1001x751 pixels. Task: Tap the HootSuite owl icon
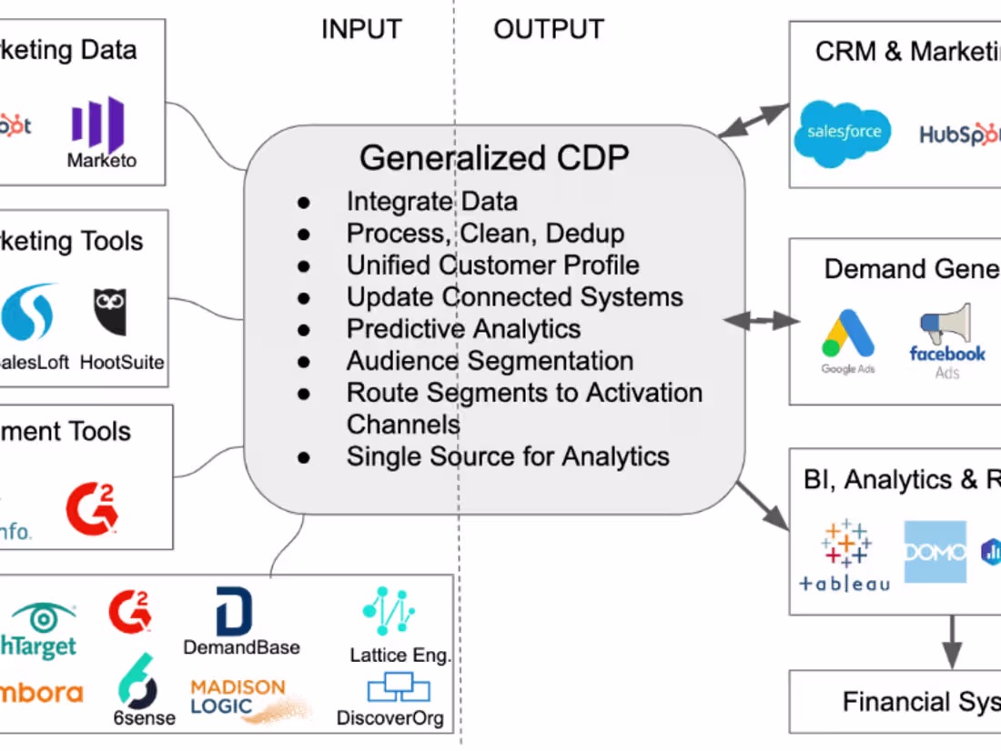pyautogui.click(x=110, y=312)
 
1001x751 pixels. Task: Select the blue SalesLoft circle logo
pyautogui.click(x=27, y=312)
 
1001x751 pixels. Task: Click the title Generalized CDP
pyautogui.click(x=493, y=158)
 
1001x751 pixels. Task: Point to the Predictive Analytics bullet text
pyautogui.click(x=463, y=328)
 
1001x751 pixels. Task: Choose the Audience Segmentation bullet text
pyautogui.click(x=490, y=360)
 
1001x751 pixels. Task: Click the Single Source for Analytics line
pyautogui.click(x=508, y=456)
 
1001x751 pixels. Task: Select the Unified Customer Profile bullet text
pyautogui.click(x=492, y=265)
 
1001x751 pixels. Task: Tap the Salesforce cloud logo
pyautogui.click(x=844, y=134)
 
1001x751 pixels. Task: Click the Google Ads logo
pyautogui.click(x=848, y=337)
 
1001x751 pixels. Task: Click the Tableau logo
pyautogui.click(x=845, y=555)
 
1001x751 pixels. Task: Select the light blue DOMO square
pyautogui.click(x=935, y=551)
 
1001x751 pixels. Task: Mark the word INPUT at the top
pyautogui.click(x=362, y=30)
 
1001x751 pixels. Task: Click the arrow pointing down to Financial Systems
pyautogui.click(x=952, y=642)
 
